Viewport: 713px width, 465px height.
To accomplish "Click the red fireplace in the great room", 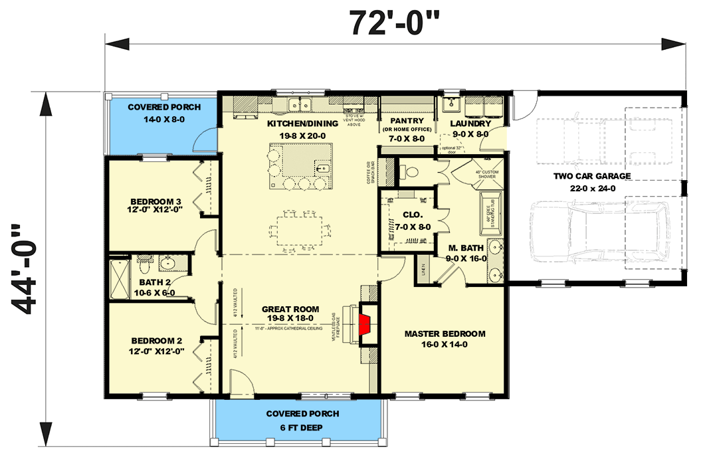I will [365, 325].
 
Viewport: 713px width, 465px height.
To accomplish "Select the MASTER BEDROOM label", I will [445, 333].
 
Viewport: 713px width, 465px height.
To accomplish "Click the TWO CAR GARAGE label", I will [591, 176].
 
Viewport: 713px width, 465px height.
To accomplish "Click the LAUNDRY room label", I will [469, 123].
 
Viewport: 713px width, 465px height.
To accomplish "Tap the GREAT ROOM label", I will [290, 309].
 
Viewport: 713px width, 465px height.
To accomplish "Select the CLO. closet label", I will [409, 215].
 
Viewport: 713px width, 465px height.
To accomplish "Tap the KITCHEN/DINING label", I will [302, 124].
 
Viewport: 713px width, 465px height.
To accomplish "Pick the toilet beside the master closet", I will [410, 171].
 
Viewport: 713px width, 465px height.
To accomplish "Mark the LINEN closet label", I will [424, 269].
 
